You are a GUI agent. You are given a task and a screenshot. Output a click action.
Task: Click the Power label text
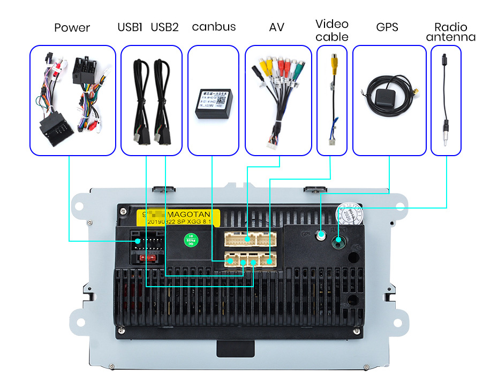tap(72, 28)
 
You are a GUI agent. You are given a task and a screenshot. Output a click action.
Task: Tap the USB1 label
tap(130, 27)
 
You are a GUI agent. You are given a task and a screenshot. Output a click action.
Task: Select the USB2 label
tap(164, 27)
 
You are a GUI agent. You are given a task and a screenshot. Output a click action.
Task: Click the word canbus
tap(214, 27)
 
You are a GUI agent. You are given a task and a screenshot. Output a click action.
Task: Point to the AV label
tap(276, 27)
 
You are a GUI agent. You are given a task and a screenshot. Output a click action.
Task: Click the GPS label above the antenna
tap(387, 27)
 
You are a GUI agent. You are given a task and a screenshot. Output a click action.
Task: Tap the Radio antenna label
tap(450, 32)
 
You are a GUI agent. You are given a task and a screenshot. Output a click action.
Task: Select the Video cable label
tap(332, 30)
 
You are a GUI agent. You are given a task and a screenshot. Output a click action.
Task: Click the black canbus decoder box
tap(213, 103)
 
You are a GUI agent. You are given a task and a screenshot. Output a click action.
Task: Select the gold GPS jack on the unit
tap(321, 235)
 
